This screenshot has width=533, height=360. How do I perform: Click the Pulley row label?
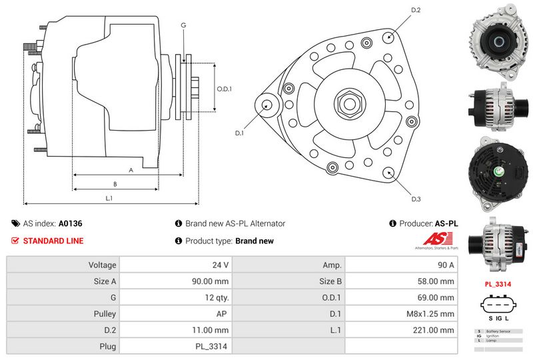point(105,313)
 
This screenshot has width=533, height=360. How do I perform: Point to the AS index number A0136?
point(71,224)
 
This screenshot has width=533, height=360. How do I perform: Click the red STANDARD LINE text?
point(53,241)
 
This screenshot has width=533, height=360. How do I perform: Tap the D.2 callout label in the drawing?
point(416,10)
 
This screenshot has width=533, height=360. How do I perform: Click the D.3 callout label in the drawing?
point(416,199)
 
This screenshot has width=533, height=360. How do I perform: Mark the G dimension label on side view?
point(183,25)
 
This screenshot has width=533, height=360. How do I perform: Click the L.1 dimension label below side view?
point(109,198)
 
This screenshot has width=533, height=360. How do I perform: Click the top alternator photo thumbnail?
point(497,42)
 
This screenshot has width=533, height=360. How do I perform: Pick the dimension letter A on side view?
point(131,170)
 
